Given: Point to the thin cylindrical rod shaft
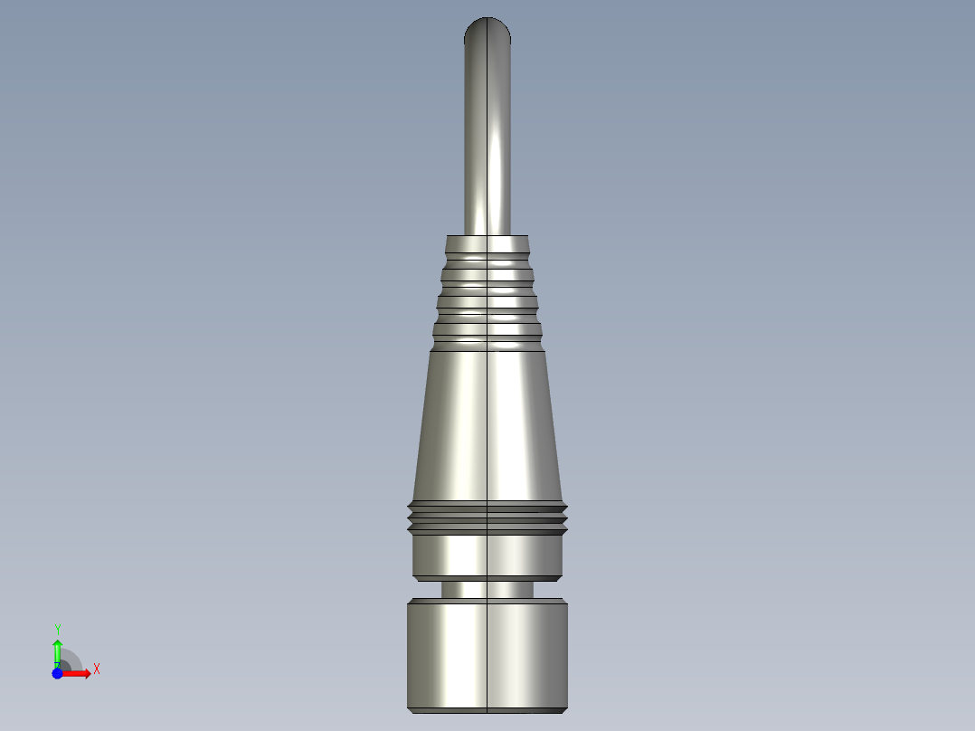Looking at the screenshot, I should pos(488,136).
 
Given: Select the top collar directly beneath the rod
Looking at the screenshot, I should pos(488,244).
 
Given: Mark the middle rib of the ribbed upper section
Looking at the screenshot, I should pos(488,296).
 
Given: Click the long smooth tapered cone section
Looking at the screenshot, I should pos(488,425).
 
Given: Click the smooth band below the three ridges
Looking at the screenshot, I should pos(488,555).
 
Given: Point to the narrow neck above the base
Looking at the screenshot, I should pos(488,589).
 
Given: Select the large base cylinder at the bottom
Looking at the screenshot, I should pos(488,656).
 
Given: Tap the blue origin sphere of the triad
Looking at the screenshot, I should pos(57,673).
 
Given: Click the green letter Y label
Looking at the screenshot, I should pos(58,629).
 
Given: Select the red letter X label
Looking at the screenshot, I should pos(97,669).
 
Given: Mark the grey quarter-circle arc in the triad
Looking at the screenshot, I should pos(72,658).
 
